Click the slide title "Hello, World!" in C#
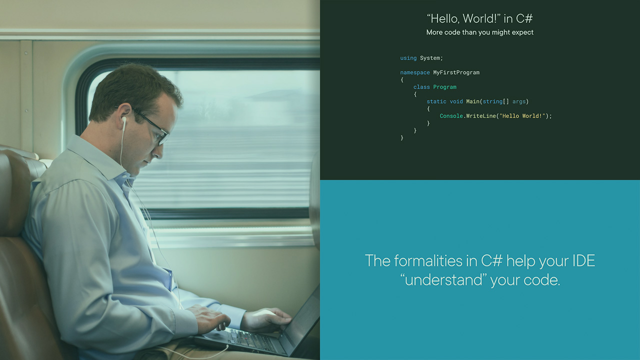click(x=479, y=19)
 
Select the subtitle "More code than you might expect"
click(x=479, y=32)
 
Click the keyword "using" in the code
click(x=408, y=58)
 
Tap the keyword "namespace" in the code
click(x=414, y=72)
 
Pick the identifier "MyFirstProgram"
click(x=456, y=72)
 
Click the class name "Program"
click(x=444, y=87)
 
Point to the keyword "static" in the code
click(x=436, y=101)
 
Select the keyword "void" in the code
click(x=456, y=101)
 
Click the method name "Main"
click(x=472, y=101)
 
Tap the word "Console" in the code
click(x=451, y=116)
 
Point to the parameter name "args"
click(x=519, y=101)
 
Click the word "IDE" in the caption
click(x=582, y=261)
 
